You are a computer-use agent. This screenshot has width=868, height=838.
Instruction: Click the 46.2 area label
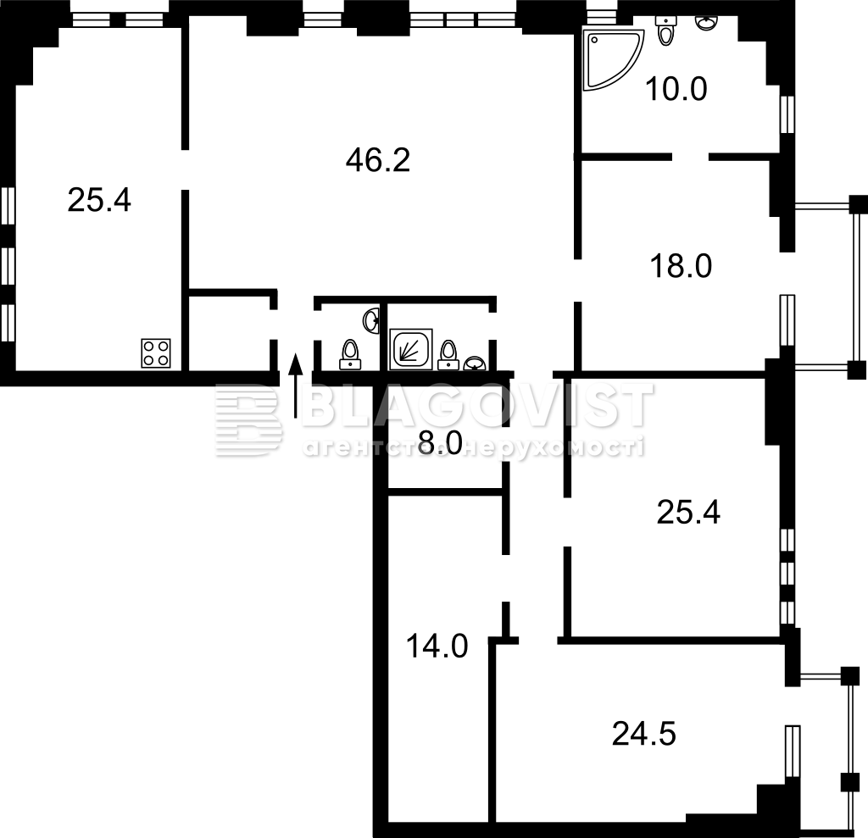coord(377,161)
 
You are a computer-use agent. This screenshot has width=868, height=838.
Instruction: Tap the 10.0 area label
coord(676,89)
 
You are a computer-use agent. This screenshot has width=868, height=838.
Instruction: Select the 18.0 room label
coord(681,266)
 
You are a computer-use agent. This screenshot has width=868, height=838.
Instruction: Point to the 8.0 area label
coord(440,443)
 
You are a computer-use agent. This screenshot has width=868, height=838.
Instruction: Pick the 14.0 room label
coord(437,647)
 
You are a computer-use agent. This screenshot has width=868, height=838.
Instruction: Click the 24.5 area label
coord(644,735)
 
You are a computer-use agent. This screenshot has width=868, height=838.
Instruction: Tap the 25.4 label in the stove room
coord(99,200)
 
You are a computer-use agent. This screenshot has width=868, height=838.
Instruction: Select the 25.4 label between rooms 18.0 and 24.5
coord(688,513)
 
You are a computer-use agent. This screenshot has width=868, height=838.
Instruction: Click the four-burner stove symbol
coord(156,353)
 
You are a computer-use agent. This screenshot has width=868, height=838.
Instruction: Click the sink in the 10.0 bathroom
coord(705,22)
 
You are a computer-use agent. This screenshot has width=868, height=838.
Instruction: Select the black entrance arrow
coord(296,386)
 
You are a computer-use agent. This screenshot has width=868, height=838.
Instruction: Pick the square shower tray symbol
coord(411,349)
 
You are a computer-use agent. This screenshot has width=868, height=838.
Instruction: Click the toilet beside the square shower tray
coord(448,355)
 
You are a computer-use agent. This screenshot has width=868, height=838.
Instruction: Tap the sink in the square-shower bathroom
coord(475,364)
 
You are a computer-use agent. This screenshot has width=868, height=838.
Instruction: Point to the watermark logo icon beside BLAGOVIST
coord(248,419)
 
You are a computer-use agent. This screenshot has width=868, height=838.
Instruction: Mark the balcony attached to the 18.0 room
coord(831,286)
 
